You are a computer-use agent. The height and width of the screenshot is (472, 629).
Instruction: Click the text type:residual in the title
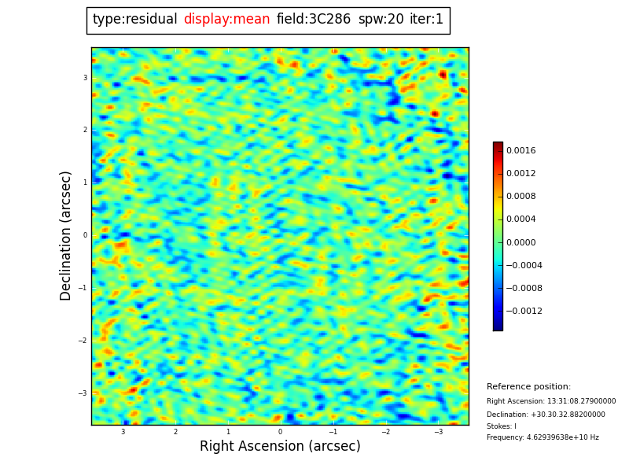134,20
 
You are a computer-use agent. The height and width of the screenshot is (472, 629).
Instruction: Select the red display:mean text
226,20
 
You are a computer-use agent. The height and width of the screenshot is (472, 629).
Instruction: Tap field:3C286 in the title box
314,20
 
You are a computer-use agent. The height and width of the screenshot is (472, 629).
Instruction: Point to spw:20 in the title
381,20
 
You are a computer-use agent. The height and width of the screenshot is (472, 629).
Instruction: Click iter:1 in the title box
426,20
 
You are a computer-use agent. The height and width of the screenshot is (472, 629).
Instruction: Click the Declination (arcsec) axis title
66,235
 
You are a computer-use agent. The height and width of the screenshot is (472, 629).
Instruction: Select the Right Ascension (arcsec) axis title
280,447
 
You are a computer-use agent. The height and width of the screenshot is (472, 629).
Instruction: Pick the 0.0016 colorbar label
520,150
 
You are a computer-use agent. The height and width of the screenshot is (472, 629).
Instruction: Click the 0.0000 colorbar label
520,242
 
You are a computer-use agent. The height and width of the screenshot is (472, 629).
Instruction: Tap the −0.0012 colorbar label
524,312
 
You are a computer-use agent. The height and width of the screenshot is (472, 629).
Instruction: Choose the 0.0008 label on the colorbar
520,197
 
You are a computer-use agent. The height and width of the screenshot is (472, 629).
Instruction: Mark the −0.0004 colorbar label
524,266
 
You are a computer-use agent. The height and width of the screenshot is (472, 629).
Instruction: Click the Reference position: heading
528,387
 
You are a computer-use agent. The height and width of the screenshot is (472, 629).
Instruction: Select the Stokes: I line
502,426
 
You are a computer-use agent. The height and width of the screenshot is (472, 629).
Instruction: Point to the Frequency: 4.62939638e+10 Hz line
543,437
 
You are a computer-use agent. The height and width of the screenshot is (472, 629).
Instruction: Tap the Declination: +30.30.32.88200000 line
546,415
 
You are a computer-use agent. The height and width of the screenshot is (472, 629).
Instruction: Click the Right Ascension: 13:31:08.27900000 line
551,401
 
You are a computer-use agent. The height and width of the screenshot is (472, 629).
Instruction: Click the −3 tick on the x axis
439,432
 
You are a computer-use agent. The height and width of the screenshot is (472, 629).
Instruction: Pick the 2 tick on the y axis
85,130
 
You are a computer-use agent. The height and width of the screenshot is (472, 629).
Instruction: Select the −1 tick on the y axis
83,288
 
